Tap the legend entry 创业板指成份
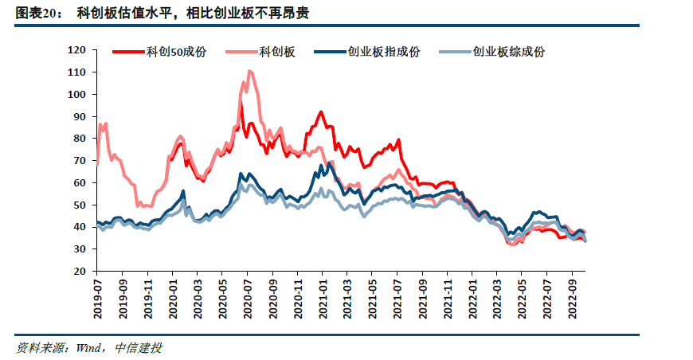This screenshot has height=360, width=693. [383, 52]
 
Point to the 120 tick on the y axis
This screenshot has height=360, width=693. [77, 49]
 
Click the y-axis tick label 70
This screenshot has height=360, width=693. [80, 160]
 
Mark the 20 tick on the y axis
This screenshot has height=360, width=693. [80, 272]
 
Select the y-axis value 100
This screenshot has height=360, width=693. [77, 94]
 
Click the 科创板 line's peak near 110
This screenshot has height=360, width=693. [250, 72]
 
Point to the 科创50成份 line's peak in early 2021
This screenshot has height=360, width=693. [320, 112]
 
